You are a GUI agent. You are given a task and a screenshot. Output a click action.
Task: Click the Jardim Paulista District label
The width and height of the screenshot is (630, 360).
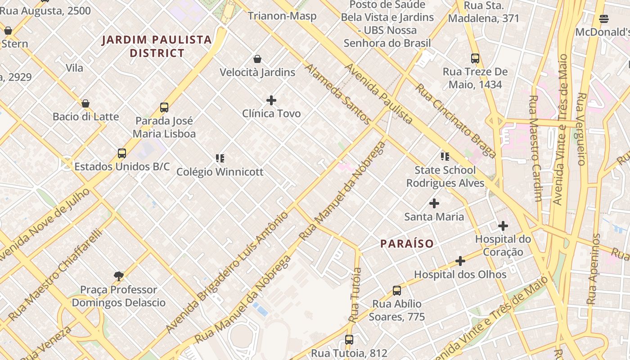pos(157,46)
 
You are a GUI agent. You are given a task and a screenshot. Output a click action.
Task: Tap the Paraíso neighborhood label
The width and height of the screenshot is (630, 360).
pos(407,243)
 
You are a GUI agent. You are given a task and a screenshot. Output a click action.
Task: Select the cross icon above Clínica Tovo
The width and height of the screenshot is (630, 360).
pos(271,100)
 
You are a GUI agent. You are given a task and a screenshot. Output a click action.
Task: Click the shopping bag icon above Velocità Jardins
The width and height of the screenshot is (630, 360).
pos(257,59)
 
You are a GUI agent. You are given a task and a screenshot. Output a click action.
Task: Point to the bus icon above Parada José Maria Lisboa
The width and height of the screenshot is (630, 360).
pos(164,108)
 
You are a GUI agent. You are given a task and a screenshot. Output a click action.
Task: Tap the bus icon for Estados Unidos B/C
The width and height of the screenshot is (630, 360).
pos(122,153)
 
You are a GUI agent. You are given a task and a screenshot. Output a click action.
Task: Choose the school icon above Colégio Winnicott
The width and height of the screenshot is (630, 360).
pos(220,158)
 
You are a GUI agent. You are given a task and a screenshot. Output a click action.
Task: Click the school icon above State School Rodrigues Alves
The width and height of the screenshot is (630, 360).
pos(445,157)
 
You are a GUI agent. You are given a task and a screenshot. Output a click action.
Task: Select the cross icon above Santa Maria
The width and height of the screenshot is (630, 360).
pos(434,203)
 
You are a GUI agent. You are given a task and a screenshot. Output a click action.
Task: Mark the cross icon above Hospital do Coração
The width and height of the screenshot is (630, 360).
pos(503,225)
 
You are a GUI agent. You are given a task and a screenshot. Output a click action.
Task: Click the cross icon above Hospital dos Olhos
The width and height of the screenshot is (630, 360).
pos(460,261)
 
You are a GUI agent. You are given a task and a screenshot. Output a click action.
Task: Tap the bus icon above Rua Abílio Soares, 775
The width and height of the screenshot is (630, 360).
pos(396,291)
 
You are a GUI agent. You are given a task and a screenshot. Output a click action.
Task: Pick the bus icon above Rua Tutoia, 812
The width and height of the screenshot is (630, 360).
pos(349,340)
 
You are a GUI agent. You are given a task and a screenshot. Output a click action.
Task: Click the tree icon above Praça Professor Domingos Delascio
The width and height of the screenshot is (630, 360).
pos(119,276)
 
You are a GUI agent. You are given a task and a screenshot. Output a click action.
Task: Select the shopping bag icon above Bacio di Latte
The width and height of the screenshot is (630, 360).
pos(85,103)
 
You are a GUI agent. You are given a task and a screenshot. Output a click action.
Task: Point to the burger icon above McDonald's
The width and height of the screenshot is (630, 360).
pos(604,19)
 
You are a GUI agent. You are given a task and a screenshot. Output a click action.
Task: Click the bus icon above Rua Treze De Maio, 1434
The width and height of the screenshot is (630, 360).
pos(475,58)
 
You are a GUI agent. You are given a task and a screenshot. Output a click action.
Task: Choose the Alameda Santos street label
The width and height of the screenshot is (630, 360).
pos(337,94)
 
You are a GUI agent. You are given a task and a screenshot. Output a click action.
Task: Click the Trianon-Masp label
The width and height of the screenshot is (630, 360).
pos(282,16)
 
